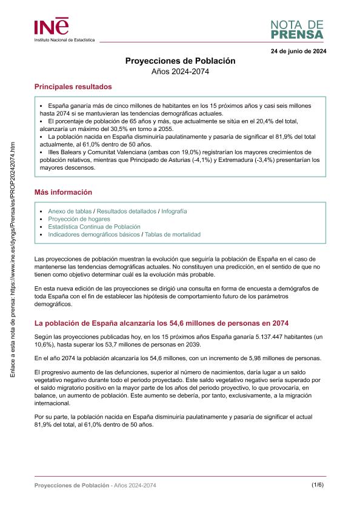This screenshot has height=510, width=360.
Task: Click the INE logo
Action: tap(52, 27)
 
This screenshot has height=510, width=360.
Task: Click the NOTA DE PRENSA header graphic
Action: tap(297, 29)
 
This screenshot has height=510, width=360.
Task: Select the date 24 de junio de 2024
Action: tap(298, 51)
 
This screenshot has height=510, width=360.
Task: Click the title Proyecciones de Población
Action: tap(180, 61)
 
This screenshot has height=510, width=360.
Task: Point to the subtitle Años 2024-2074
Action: tap(180, 72)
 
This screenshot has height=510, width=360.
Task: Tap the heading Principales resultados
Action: tap(73, 87)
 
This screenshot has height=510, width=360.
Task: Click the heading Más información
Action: tap(63, 192)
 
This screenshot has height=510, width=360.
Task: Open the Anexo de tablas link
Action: tap(70, 211)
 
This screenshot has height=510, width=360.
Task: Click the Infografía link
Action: tap(174, 211)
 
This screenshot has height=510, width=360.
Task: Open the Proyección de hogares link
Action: tap(79, 219)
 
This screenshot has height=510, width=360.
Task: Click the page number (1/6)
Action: tap(318, 485)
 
